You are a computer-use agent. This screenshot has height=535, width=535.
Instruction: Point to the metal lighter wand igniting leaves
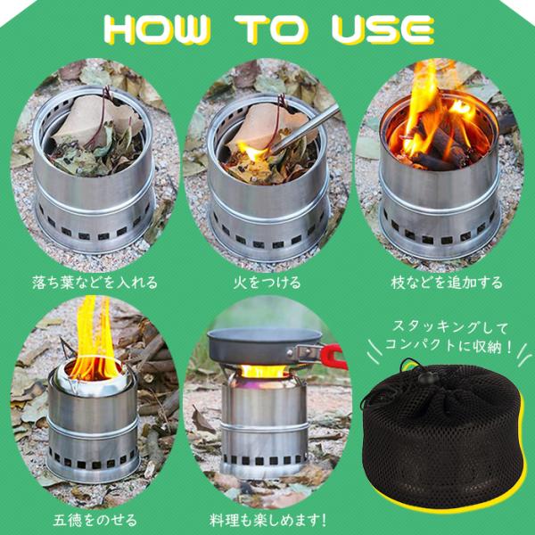303,134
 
